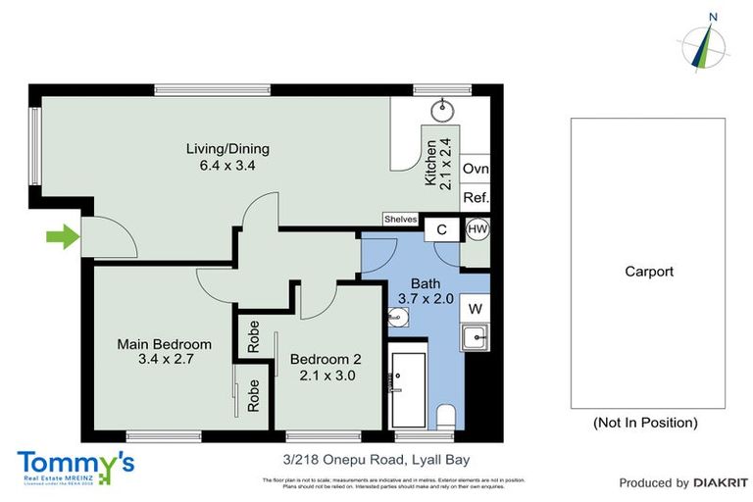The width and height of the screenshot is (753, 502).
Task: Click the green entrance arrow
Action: pyautogui.click(x=62, y=236)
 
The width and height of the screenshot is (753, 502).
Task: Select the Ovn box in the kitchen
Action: pyautogui.click(x=476, y=169)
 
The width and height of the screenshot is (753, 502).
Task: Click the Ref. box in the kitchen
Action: pyautogui.click(x=476, y=197)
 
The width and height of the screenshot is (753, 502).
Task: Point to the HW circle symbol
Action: pyautogui.click(x=477, y=229)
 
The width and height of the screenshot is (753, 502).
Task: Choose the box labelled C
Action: pyautogui.click(x=442, y=229)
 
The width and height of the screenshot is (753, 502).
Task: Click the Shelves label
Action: pyautogui.click(x=401, y=220)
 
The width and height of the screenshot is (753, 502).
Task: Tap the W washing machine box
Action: pyautogui.click(x=476, y=308)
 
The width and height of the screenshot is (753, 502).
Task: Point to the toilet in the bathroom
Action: pyautogui.click(x=446, y=416)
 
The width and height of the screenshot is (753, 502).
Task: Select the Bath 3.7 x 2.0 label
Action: pyautogui.click(x=425, y=291)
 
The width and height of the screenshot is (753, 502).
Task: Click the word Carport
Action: pyautogui.click(x=648, y=272)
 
